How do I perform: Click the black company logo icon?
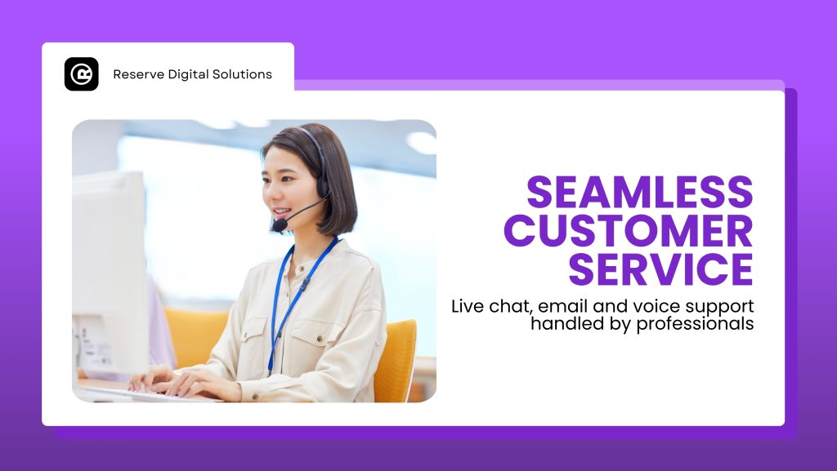coord(82,74)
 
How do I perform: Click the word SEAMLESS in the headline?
coord(639,192)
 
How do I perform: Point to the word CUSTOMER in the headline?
coord(629,231)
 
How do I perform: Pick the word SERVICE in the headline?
coord(660,269)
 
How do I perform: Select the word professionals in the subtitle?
coord(695,324)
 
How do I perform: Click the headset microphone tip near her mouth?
coord(280,225)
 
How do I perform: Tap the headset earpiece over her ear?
coord(322,187)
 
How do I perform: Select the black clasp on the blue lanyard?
coord(304,283)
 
